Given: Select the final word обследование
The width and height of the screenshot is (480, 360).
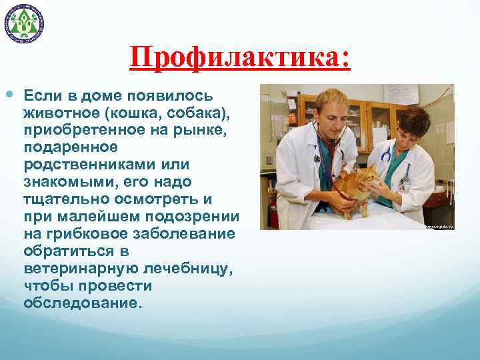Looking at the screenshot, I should tap(83, 303).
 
